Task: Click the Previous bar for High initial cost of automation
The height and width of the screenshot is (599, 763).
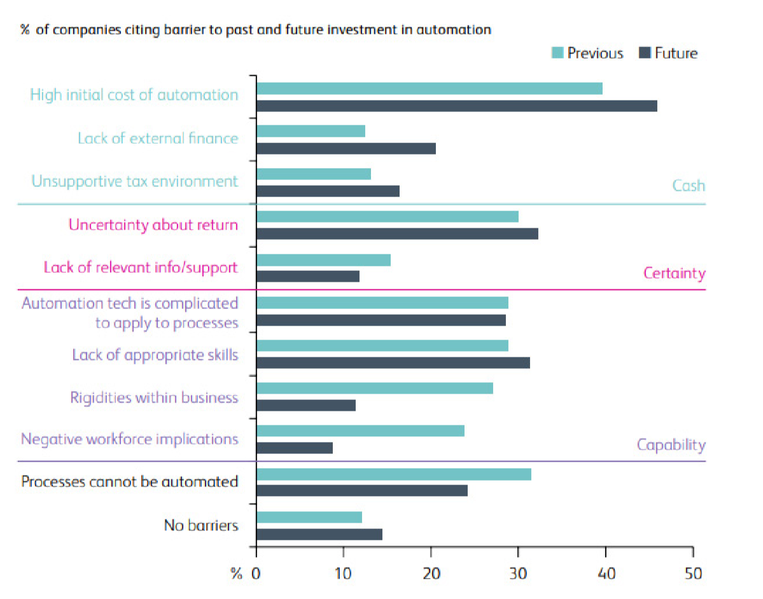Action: coord(430,88)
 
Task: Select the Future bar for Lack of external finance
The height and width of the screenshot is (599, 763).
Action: coord(346,148)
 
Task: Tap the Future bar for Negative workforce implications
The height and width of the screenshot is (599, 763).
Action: coord(295,448)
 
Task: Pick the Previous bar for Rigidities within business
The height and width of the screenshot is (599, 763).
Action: coord(375,388)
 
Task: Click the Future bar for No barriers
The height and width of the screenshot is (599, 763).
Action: coord(319,534)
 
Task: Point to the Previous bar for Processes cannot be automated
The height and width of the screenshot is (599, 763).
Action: coord(394,474)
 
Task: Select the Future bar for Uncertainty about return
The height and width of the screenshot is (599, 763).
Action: coord(397,234)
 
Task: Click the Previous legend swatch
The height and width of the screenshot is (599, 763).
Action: coord(557,53)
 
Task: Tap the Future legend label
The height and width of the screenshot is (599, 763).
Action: coord(676,53)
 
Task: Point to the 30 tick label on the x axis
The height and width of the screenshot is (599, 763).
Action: coord(518,574)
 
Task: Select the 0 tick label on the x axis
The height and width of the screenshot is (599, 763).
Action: coord(256,574)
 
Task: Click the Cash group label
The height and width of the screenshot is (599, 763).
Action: coord(689,186)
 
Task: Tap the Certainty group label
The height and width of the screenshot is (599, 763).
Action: coord(674,273)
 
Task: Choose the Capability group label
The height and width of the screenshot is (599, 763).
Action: coord(671,444)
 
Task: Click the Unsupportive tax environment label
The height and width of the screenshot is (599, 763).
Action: coord(135,181)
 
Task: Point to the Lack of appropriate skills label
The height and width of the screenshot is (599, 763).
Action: coord(155,354)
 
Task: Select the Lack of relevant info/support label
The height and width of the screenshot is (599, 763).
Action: coord(141,267)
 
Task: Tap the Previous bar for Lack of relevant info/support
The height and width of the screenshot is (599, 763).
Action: coord(323,259)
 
